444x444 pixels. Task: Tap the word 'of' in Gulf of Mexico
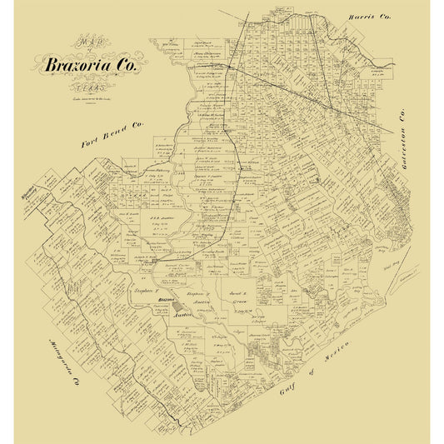coord(323,367)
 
